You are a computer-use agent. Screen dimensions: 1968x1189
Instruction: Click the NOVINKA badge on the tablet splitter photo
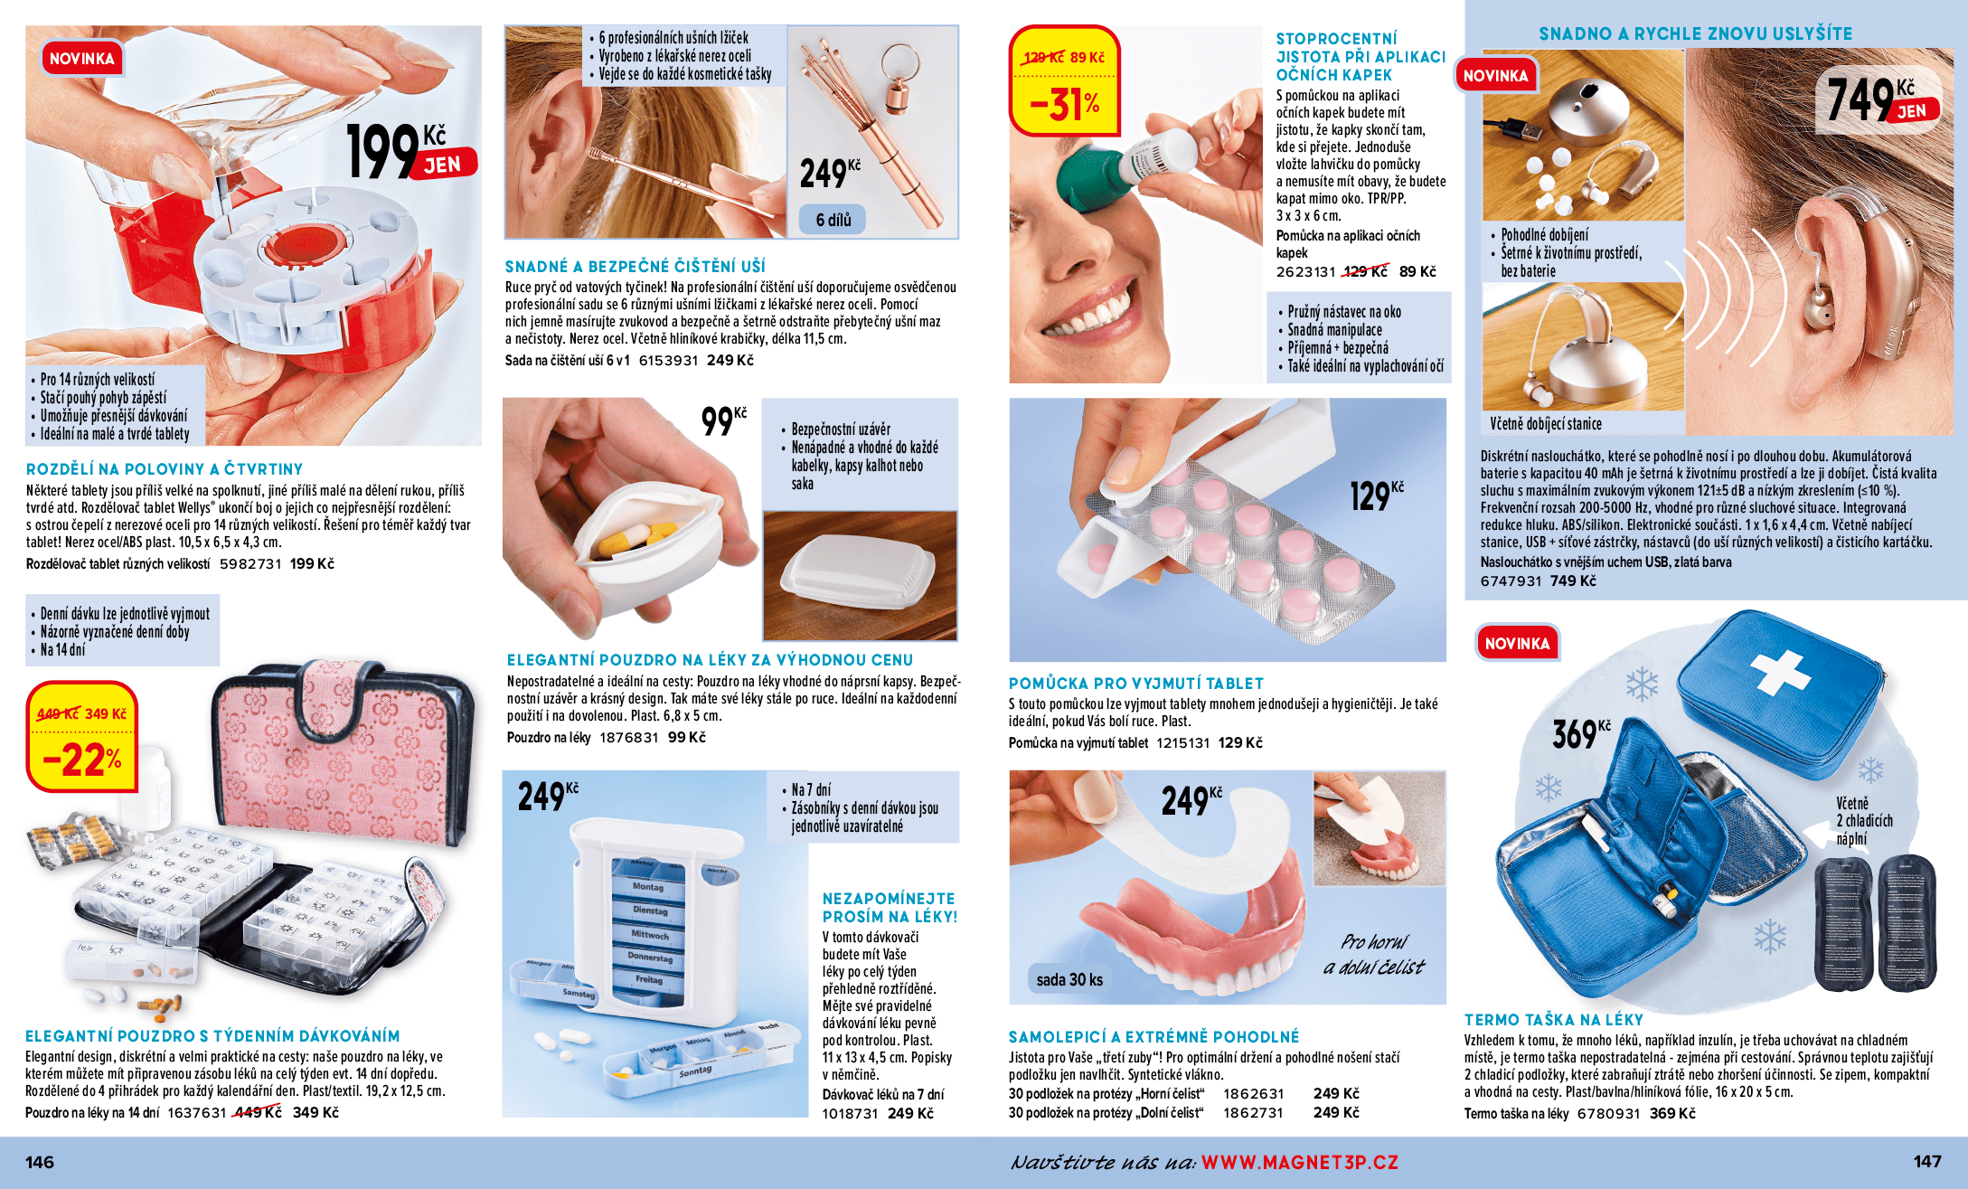pyautogui.click(x=81, y=59)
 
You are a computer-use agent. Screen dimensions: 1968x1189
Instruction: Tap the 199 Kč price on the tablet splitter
pyautogui.click(x=410, y=151)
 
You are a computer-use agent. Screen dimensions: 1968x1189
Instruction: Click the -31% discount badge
pyautogui.click(x=1065, y=80)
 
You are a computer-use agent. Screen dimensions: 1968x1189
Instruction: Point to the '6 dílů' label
pyautogui.click(x=833, y=220)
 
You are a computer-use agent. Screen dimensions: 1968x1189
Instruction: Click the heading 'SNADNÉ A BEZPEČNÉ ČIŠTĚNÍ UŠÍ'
pyautogui.click(x=635, y=267)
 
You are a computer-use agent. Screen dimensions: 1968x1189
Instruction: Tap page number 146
pyautogui.click(x=40, y=1162)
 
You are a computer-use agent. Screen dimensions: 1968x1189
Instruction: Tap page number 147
pyautogui.click(x=1927, y=1162)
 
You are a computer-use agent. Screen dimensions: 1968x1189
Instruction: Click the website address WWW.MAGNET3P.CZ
pyautogui.click(x=1300, y=1162)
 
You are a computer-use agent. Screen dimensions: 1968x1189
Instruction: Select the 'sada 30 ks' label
pyautogui.click(x=1069, y=979)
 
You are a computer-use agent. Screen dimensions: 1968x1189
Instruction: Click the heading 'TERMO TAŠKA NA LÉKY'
pyautogui.click(x=1554, y=1020)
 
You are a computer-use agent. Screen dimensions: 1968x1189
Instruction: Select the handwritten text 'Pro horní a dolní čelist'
pyautogui.click(x=1373, y=954)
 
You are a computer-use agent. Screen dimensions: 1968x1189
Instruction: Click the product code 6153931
pyautogui.click(x=668, y=360)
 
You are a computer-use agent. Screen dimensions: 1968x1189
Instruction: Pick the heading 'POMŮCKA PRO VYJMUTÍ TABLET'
pyautogui.click(x=1136, y=684)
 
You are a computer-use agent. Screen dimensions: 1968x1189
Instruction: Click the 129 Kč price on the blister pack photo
pyautogui.click(x=1377, y=495)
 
